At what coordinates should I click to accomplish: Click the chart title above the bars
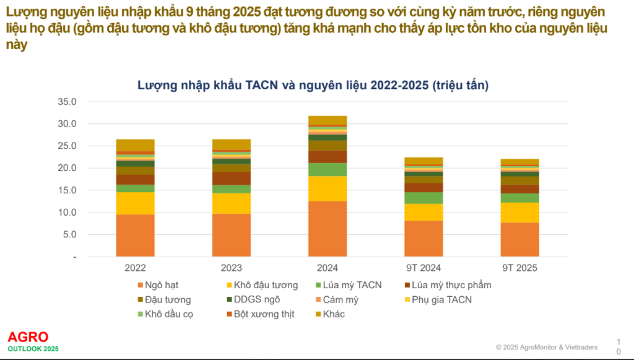tap(313, 86)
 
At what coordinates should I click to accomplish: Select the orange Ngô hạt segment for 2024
tap(328, 229)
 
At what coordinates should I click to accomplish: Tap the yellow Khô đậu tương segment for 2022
tap(135, 203)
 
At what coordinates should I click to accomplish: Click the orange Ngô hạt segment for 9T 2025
tap(519, 239)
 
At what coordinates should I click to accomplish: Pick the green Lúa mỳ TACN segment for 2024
tap(328, 169)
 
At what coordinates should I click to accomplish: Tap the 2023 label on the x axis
tap(231, 268)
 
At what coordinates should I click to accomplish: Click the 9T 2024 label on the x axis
tap(423, 268)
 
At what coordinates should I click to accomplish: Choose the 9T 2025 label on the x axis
tap(519, 268)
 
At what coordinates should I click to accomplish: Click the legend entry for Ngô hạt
tap(157, 286)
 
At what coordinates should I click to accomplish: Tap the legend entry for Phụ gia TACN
tap(436, 300)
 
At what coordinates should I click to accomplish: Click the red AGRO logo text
tap(28, 337)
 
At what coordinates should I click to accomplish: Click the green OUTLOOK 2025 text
tap(33, 349)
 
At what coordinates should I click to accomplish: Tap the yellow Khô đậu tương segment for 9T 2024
tap(423, 212)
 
